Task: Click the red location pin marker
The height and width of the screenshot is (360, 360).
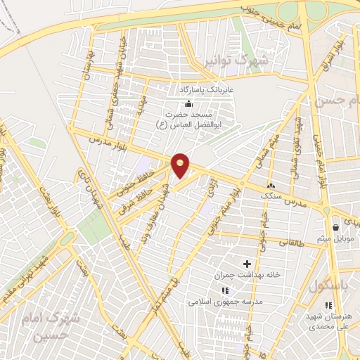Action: (181, 165)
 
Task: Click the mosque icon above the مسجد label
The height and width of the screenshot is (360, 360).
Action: (188, 104)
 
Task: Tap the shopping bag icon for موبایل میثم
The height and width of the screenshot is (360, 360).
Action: (336, 227)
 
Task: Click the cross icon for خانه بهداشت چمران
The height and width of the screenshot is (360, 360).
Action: (246, 263)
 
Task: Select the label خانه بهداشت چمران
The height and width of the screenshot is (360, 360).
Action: (246, 274)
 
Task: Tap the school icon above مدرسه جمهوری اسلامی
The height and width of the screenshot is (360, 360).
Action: (225, 290)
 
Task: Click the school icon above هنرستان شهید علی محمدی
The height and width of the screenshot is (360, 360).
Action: (328, 305)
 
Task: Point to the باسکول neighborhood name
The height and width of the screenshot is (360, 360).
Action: (323, 285)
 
